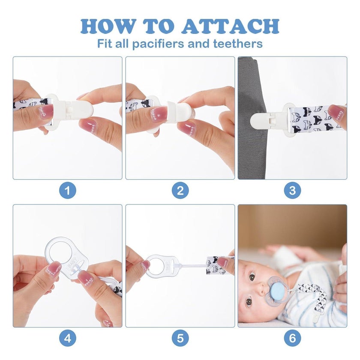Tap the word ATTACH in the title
[231, 26]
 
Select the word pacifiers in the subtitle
[159, 44]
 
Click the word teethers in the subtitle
[238, 43]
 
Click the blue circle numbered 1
[68, 190]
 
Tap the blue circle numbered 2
[180, 190]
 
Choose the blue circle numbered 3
[292, 190]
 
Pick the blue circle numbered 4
[68, 338]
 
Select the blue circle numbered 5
[180, 338]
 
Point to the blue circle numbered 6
[292, 338]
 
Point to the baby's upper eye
[252, 277]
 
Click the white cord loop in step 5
[192, 266]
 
